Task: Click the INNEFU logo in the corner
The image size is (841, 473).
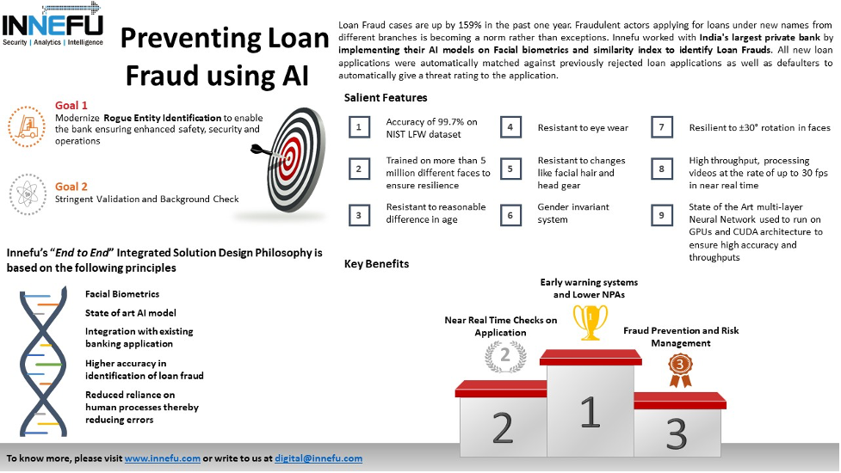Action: [x=53, y=24]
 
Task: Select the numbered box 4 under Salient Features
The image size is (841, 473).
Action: [x=510, y=128]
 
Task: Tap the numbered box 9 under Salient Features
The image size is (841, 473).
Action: [x=661, y=215]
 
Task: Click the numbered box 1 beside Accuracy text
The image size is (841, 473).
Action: [x=358, y=128]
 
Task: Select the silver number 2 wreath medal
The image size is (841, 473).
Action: [x=505, y=355]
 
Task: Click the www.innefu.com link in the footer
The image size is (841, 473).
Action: [x=163, y=458]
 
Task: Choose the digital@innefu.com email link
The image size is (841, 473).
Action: [x=318, y=458]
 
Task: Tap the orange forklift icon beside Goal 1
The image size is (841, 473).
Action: [x=28, y=125]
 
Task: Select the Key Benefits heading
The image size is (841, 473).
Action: [x=376, y=264]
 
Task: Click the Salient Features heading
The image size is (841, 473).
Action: [x=385, y=98]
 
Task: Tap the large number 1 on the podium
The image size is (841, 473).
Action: [x=589, y=411]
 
